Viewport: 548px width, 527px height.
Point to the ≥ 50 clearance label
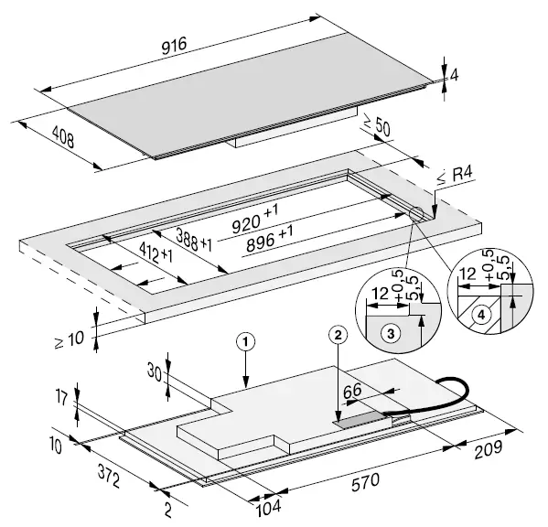[x=376, y=124]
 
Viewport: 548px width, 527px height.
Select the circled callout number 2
[x=338, y=336]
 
